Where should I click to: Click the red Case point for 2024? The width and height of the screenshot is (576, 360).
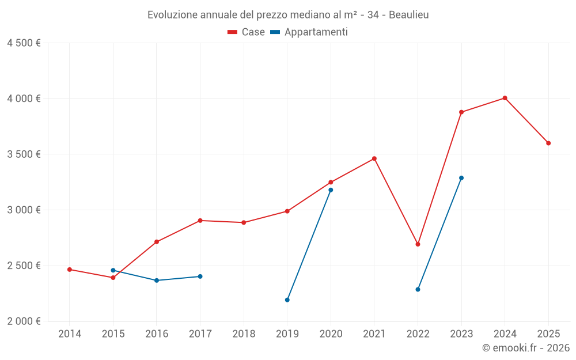(505, 98)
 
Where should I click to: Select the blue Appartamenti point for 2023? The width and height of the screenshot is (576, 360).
(461, 178)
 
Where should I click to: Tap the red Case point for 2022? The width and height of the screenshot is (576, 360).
(418, 244)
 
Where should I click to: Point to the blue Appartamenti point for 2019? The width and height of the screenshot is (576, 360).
(287, 300)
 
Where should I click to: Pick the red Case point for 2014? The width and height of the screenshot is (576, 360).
(70, 270)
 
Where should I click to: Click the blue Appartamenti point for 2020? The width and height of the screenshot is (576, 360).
(331, 190)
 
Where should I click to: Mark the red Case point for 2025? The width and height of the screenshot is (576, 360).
(548, 143)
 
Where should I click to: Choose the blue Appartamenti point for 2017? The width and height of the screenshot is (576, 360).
(200, 276)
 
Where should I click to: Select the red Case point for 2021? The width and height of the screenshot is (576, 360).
(374, 158)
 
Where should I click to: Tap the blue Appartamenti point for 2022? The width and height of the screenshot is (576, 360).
(418, 289)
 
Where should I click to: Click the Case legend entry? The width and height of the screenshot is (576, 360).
(247, 32)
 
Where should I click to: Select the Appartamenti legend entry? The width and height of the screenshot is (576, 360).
(309, 32)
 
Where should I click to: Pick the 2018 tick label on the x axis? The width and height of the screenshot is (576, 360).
(244, 334)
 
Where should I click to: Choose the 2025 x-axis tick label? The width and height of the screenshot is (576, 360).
(548, 334)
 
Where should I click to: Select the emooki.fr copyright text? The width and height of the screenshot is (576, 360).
(526, 348)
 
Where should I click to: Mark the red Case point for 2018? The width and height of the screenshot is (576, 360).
(244, 222)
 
